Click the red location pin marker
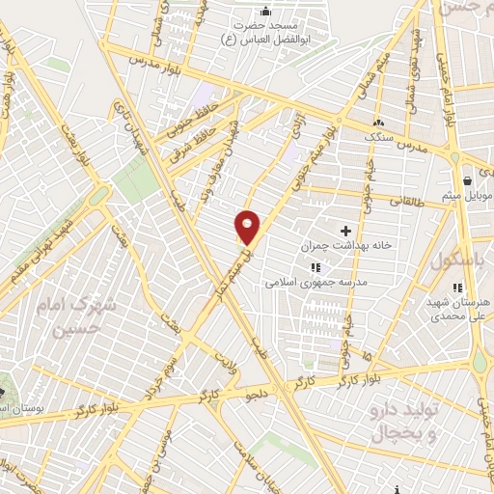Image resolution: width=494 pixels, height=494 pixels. coord(248,227)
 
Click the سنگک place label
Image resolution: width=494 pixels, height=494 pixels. coord(380,136)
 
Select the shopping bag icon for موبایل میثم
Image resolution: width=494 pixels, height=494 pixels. coord(468,180)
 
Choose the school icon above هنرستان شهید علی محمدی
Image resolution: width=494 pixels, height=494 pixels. coord(458,287)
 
